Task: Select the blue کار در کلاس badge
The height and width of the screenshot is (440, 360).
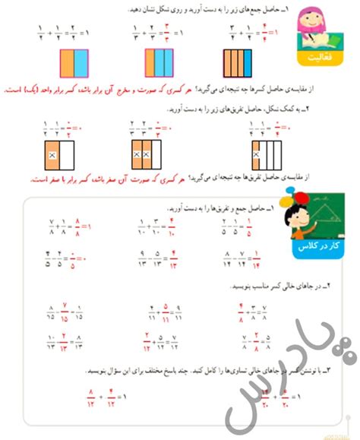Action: click(314, 248)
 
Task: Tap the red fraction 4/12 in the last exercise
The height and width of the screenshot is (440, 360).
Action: click(111, 396)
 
